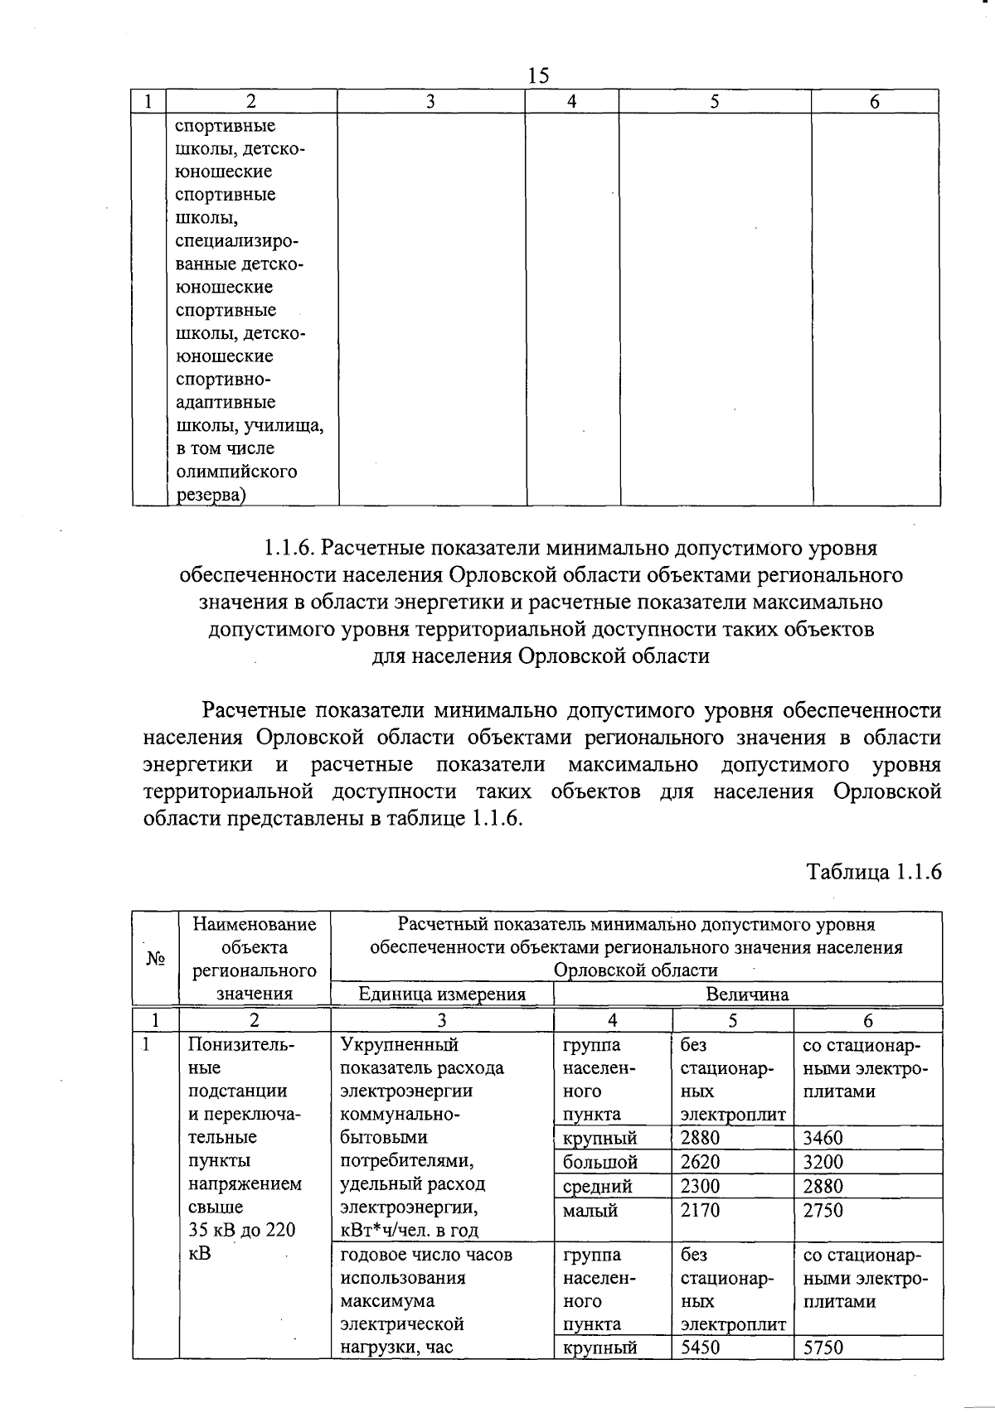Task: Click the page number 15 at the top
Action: (x=538, y=75)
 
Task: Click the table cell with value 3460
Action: (x=823, y=1138)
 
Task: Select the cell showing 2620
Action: (x=701, y=1162)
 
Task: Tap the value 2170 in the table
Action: (x=701, y=1210)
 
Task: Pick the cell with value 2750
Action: (x=823, y=1210)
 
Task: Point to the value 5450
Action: (x=701, y=1348)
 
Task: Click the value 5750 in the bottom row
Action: (x=823, y=1348)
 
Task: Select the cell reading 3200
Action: (x=823, y=1162)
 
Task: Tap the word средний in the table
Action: (x=597, y=1186)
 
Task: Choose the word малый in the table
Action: (x=590, y=1210)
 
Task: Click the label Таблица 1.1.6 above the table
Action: (x=875, y=872)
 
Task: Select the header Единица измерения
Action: (x=442, y=994)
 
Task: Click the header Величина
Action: (x=747, y=994)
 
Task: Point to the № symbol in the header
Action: (x=156, y=958)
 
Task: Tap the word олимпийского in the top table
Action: (x=236, y=472)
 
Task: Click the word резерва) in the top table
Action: (x=211, y=495)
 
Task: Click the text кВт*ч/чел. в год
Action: (x=410, y=1231)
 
